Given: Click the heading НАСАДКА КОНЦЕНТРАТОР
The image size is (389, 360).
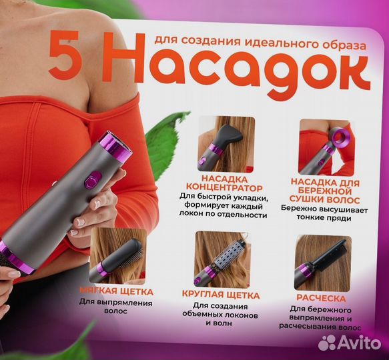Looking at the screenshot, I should coord(223,185).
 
